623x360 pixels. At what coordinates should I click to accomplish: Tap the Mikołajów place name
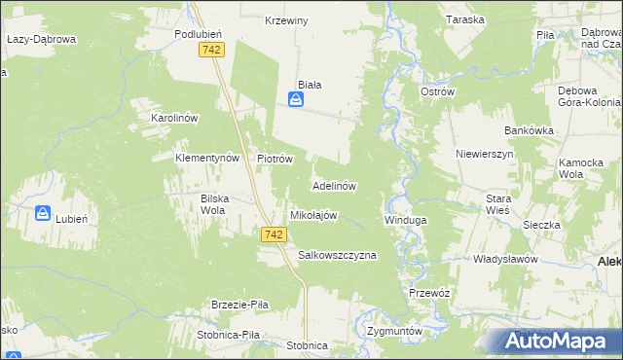tap(312, 215)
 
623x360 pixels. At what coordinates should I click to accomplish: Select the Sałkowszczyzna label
tap(336, 255)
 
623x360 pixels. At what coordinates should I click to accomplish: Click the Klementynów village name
tap(206, 158)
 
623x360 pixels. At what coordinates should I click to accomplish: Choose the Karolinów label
tap(174, 118)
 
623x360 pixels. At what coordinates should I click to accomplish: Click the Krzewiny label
tap(286, 20)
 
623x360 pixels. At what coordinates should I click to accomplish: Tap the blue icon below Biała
tap(295, 98)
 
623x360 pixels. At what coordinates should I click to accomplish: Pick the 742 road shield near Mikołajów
tap(275, 234)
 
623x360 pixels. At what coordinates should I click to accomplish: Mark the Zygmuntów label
tap(395, 331)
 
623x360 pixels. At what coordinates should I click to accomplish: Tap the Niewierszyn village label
tap(484, 154)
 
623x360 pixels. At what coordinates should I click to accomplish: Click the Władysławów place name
tap(505, 260)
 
